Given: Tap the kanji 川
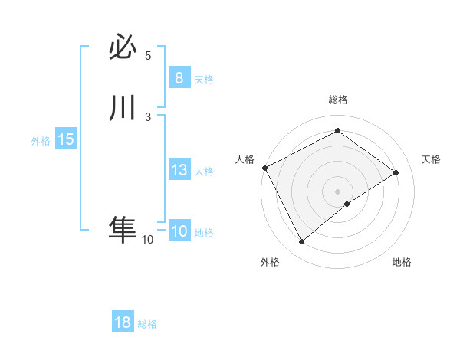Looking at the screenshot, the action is [x=123, y=108].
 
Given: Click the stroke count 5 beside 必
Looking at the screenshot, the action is [x=148, y=56].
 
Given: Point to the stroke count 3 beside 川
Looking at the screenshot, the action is [x=148, y=116].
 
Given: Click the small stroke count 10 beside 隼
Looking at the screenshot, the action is [x=147, y=240].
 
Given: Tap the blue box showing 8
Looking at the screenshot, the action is [x=179, y=78].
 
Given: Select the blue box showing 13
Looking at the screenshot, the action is [x=179, y=170].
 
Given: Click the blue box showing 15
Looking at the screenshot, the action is [x=65, y=139].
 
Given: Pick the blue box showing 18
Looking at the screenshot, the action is [x=123, y=322].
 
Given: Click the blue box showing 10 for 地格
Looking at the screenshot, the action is [x=179, y=231].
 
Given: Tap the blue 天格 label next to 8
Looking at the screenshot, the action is [x=204, y=80].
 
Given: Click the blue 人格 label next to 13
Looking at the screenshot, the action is [x=204, y=172].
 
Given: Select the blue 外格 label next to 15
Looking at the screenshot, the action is [x=41, y=141].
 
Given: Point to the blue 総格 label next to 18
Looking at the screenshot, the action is [x=147, y=324].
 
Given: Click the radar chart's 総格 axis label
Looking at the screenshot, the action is [x=338, y=100].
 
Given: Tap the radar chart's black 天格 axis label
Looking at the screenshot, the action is [x=432, y=159].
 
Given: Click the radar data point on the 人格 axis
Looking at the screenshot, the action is [x=264, y=167].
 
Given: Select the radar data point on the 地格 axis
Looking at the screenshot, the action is [x=347, y=204].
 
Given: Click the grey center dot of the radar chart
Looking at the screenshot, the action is [x=338, y=191].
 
